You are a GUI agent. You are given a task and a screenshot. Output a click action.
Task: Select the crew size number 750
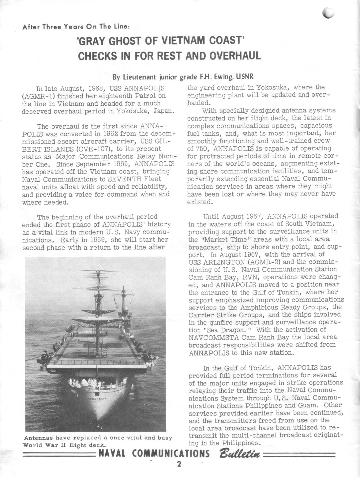pos(203,149)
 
